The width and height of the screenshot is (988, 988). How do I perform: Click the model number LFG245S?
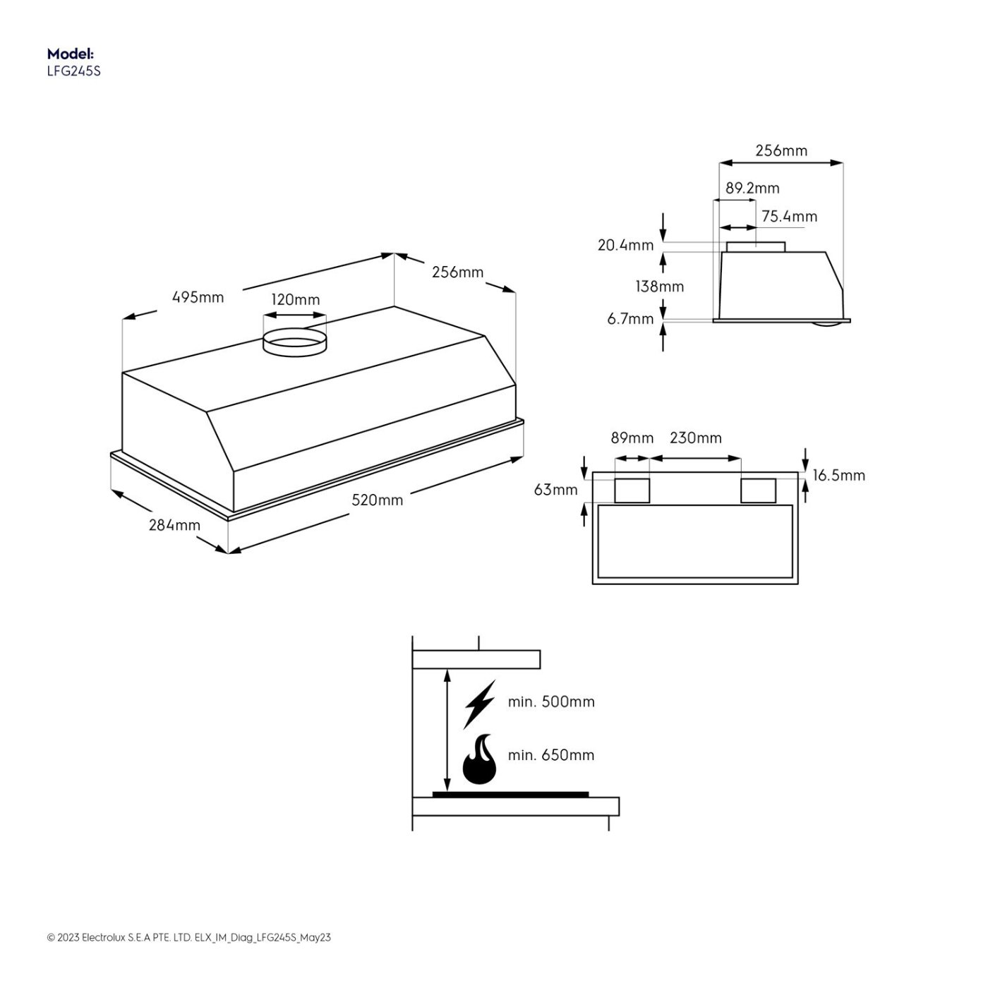(74, 71)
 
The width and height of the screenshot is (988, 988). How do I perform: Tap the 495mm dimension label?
(198, 297)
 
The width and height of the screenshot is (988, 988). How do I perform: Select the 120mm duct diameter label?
(295, 299)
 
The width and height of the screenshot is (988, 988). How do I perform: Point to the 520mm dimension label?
(378, 500)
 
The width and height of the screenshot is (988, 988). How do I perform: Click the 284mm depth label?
(174, 525)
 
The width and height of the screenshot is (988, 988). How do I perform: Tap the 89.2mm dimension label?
(752, 188)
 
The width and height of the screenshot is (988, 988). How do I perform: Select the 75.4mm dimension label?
(789, 217)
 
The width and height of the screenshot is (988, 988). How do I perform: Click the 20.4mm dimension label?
(625, 245)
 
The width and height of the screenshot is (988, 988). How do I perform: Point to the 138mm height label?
(659, 286)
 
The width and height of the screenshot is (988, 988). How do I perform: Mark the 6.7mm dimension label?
(630, 319)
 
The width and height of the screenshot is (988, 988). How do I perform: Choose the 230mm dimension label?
(695, 438)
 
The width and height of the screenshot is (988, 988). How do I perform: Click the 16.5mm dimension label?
(839, 475)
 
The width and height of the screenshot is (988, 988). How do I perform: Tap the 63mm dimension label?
(556, 490)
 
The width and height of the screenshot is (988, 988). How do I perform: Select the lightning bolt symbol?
(479, 704)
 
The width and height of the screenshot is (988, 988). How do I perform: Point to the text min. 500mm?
(551, 701)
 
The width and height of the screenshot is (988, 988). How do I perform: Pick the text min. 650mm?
(551, 754)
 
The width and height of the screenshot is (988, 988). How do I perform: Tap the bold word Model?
(71, 54)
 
